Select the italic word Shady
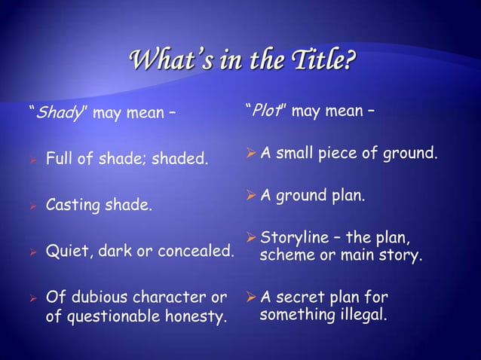(53, 114)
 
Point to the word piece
(348, 154)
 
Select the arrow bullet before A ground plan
(251, 197)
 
